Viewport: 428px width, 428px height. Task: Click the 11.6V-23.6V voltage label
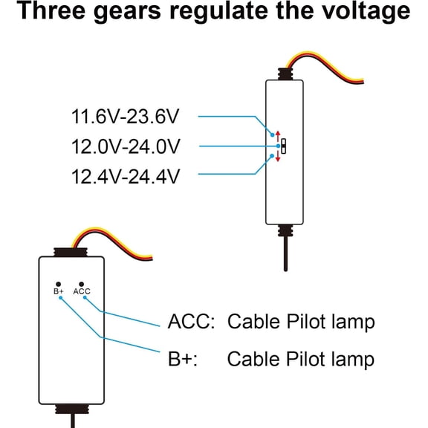(126, 117)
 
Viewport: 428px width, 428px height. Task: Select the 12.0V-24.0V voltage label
(126, 146)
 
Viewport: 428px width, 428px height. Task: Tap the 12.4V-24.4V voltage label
(126, 177)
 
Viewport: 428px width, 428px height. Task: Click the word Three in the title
(51, 11)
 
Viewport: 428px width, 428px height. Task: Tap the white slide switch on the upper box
(284, 146)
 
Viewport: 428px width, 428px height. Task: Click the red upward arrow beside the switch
(278, 136)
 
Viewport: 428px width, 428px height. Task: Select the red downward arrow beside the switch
(278, 156)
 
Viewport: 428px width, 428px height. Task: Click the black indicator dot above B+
(58, 285)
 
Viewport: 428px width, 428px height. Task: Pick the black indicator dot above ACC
(81, 285)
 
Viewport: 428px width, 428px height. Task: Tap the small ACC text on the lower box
(82, 291)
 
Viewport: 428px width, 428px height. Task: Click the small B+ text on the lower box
(59, 291)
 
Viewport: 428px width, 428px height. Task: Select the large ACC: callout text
(191, 322)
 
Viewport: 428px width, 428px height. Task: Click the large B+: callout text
(182, 359)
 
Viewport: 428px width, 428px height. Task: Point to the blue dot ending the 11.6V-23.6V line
(272, 134)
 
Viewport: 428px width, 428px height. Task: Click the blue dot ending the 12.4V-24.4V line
(272, 156)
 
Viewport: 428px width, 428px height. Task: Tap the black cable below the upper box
(285, 253)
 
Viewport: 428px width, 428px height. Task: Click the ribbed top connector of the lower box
(71, 252)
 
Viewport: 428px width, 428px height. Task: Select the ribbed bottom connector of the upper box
(285, 230)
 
